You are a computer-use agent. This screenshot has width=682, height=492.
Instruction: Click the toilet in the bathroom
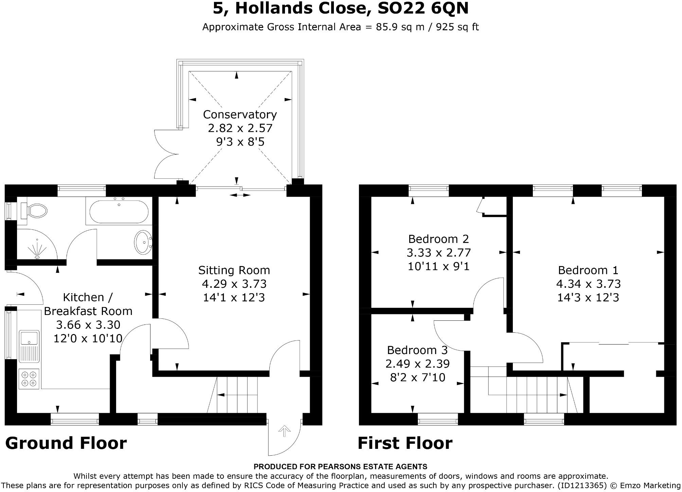(x=34, y=211)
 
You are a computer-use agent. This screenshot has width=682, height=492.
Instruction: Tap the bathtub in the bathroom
(x=119, y=211)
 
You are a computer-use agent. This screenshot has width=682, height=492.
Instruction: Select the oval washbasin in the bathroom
(x=143, y=242)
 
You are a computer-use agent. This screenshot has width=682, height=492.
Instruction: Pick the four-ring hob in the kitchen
(x=29, y=379)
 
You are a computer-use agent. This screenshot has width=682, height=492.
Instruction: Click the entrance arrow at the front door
(x=284, y=432)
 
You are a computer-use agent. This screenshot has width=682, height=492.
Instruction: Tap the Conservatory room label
(x=240, y=115)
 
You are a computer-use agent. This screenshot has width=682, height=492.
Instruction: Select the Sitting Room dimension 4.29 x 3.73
(x=234, y=284)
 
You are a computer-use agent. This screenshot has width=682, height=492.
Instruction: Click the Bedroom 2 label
(x=438, y=239)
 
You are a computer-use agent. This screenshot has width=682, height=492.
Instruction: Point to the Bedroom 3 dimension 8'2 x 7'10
(x=418, y=377)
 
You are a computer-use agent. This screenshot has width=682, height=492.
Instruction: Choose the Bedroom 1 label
(x=588, y=270)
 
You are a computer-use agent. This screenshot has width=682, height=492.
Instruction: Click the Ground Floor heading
(x=66, y=443)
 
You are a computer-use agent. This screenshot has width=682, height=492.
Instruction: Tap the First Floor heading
(x=405, y=443)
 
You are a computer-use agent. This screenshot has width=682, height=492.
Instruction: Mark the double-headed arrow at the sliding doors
(x=240, y=195)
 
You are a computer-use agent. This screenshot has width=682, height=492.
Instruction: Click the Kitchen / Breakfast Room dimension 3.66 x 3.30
(x=88, y=325)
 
